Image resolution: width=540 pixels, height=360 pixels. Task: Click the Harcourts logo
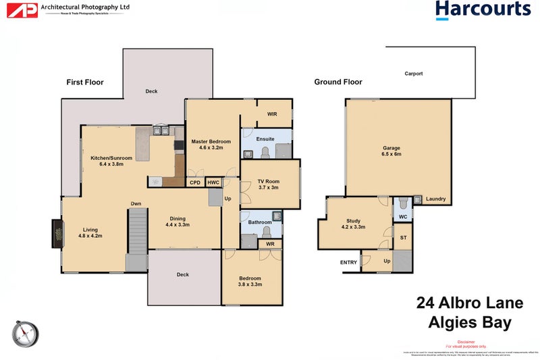[483, 10]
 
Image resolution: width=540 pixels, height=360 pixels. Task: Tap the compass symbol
[25, 334]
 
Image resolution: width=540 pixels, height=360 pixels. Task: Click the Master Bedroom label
[211, 141]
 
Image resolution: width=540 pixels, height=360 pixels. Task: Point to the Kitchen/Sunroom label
[111, 157]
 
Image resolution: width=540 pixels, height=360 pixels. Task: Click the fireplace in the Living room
[56, 232]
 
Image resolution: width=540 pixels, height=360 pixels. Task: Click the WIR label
[273, 114]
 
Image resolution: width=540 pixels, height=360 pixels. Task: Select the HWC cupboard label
[213, 182]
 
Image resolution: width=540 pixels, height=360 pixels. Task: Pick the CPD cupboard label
[194, 182]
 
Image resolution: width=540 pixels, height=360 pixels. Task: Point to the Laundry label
[435, 199]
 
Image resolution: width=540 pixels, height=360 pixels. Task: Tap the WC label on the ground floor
[402, 217]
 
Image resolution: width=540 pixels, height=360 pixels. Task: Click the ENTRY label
[348, 262]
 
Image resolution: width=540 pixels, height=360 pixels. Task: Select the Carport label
[413, 74]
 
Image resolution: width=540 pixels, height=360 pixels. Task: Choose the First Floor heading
[84, 82]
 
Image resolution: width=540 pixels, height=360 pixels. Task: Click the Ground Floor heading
[337, 82]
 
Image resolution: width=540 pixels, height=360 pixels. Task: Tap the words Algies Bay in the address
[470, 323]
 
